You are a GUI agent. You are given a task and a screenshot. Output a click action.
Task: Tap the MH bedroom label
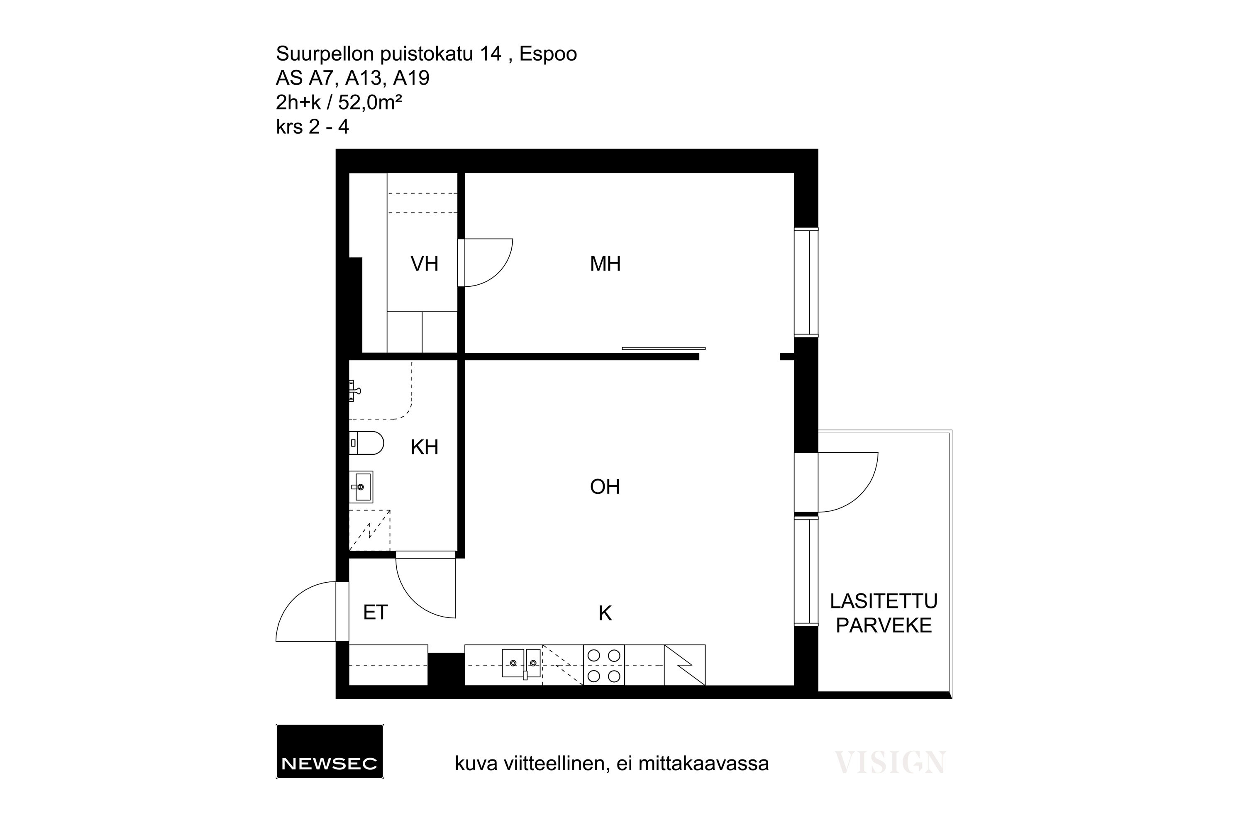(605, 264)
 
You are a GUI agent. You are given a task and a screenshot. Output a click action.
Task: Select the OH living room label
(605, 486)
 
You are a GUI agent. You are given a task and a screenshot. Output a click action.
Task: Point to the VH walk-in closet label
(425, 264)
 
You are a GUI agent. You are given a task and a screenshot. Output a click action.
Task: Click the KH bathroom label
(425, 447)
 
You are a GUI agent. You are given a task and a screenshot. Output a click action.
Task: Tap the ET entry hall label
(375, 613)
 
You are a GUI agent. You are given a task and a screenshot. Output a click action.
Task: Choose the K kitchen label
(605, 613)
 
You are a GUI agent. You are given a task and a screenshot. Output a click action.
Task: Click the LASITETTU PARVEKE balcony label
(884, 613)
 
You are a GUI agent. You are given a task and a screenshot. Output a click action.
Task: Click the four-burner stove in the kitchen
(604, 665)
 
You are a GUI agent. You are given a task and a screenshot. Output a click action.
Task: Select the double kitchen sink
(521, 663)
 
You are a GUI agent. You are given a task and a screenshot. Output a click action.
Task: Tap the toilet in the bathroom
(366, 443)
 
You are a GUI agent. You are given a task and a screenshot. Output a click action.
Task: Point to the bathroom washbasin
(361, 486)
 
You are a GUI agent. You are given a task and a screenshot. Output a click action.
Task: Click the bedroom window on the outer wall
(806, 282)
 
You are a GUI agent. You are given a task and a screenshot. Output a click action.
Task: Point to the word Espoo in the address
(548, 54)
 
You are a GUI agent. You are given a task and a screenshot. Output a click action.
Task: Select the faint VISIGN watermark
(890, 763)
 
